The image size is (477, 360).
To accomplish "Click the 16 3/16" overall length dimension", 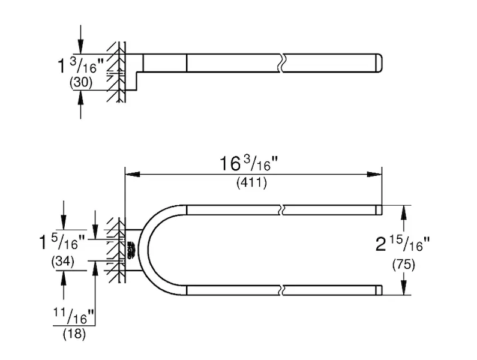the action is click(x=248, y=164).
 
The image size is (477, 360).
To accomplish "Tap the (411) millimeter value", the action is click(x=251, y=182).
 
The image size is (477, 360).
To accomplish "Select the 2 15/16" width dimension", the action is click(x=402, y=244).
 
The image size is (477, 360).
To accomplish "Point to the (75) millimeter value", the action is click(x=403, y=265).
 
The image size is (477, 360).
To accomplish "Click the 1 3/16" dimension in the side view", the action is click(x=80, y=65).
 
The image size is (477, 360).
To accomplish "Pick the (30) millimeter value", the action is click(x=81, y=82).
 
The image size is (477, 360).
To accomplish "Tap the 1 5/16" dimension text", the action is click(x=62, y=242).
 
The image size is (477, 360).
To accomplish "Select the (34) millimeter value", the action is click(x=63, y=262).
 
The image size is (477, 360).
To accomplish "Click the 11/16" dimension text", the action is click(x=74, y=316).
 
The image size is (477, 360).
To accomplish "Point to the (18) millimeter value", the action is click(x=74, y=334).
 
